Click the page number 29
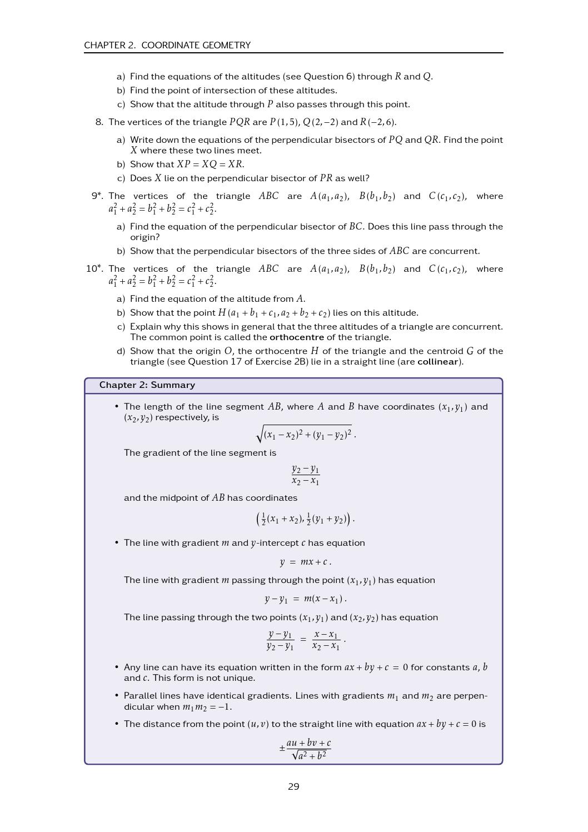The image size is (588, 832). point(293,786)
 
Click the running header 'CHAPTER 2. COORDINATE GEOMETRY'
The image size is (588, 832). point(167,45)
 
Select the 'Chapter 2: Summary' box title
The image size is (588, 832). point(147,385)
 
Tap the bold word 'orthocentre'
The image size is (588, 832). point(296,337)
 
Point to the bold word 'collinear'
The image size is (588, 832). point(437,362)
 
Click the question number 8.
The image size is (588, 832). point(99,122)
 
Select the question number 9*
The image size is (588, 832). point(97,196)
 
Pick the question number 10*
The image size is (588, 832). point(94,269)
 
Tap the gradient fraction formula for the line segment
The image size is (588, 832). point(305,475)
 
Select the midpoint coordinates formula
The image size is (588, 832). point(305,519)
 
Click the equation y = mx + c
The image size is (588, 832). point(305,562)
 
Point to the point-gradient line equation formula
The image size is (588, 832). point(305,599)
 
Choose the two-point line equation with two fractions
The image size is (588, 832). point(305,640)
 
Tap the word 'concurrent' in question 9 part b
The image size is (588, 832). point(456,251)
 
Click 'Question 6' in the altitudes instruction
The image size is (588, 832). point(328,77)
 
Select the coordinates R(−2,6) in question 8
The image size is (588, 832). point(378,122)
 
